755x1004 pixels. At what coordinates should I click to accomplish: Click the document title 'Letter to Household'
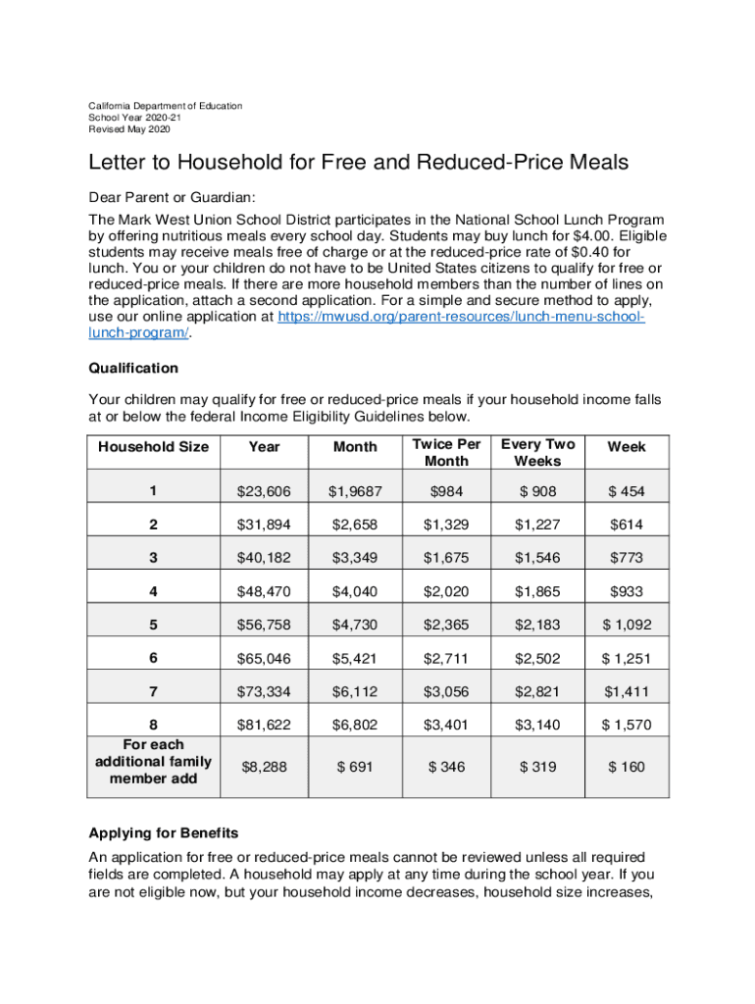[358, 162]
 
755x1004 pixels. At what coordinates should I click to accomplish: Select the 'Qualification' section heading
[133, 368]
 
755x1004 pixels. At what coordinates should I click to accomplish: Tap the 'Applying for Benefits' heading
[163, 833]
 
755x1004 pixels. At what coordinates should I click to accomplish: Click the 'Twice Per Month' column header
[446, 453]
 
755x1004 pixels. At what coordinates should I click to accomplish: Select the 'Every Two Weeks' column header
[537, 453]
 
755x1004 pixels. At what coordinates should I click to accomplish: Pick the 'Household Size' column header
[153, 447]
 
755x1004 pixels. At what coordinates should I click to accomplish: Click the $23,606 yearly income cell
[264, 491]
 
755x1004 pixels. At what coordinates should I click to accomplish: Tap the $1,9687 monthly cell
[355, 491]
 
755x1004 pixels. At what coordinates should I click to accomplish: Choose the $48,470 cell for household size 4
[264, 591]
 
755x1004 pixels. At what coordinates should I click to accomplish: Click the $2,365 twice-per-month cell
[446, 626]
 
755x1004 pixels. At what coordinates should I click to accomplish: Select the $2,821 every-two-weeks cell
[537, 692]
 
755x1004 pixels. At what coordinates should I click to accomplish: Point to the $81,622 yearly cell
[264, 726]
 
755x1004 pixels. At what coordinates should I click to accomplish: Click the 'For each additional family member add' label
[153, 762]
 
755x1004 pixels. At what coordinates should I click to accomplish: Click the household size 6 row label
[153, 659]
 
